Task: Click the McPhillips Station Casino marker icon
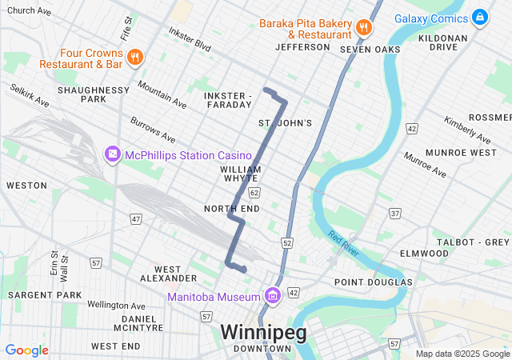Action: click(x=112, y=154)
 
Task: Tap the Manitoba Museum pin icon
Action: click(x=273, y=297)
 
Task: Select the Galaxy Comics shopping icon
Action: click(x=479, y=16)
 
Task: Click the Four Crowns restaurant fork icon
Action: click(x=135, y=57)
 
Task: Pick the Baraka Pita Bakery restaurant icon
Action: click(x=363, y=26)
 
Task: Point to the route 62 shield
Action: click(x=254, y=193)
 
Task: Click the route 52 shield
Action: click(x=287, y=242)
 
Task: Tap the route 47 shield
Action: click(x=136, y=218)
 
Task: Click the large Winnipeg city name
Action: click(x=263, y=331)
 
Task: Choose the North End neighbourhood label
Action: click(x=232, y=209)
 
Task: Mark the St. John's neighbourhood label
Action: click(x=285, y=122)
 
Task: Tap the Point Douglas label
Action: click(x=373, y=282)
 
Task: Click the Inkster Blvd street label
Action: click(x=190, y=39)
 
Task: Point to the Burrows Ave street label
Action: click(x=153, y=129)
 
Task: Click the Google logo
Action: click(x=26, y=350)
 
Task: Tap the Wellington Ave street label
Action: click(x=117, y=306)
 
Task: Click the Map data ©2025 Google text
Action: click(x=462, y=354)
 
